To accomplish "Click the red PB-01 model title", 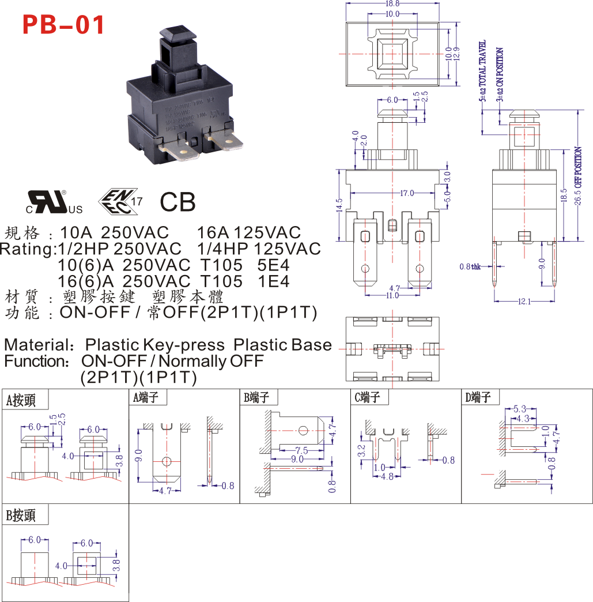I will pos(63,25).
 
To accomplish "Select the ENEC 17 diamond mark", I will pos(119,200).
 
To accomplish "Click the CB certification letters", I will pos(177,202).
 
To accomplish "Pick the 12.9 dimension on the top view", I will pos(456,55).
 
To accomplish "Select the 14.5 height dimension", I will pos(339,204).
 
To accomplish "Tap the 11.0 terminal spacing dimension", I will pos(392,295).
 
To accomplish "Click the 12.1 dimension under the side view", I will pos(524,302).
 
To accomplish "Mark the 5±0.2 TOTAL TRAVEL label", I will pos(483,70).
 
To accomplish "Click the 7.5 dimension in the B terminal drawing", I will pos(301,450).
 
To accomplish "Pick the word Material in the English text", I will pos(36,345).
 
